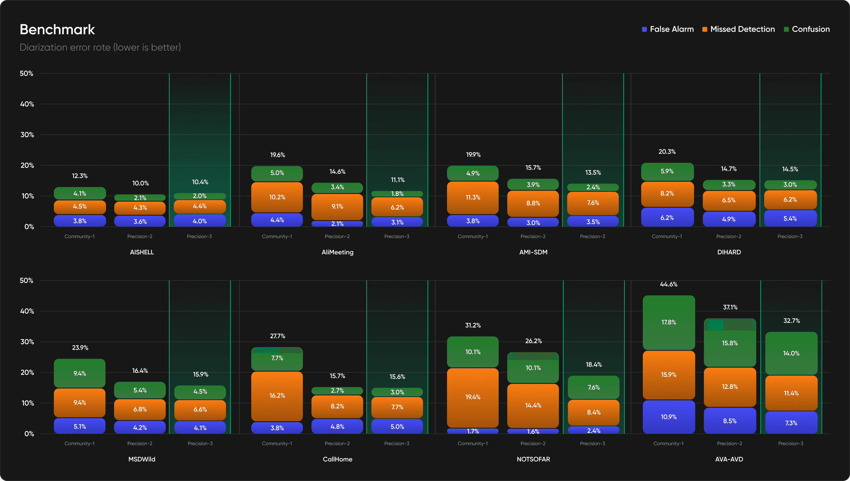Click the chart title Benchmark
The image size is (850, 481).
(57, 29)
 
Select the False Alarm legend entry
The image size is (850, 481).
(668, 29)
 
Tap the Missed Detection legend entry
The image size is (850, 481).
(738, 29)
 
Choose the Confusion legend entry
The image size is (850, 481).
(807, 29)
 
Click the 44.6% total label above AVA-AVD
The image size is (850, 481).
(669, 284)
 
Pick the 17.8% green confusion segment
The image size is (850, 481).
(669, 322)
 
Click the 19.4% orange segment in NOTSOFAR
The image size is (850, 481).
(473, 397)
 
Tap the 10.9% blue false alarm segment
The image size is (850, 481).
(669, 417)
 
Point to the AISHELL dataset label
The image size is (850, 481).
(142, 252)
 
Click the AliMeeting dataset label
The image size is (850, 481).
(337, 252)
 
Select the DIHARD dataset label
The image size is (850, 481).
(729, 252)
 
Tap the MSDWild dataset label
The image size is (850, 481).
(142, 459)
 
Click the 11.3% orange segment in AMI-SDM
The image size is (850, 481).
(473, 198)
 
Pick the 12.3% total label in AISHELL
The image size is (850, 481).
(80, 176)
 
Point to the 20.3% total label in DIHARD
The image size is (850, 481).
(667, 152)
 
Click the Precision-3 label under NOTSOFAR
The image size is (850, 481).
(592, 443)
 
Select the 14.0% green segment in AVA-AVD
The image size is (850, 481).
(791, 354)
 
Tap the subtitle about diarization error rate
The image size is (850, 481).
(100, 48)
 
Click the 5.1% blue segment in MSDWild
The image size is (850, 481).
(80, 426)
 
